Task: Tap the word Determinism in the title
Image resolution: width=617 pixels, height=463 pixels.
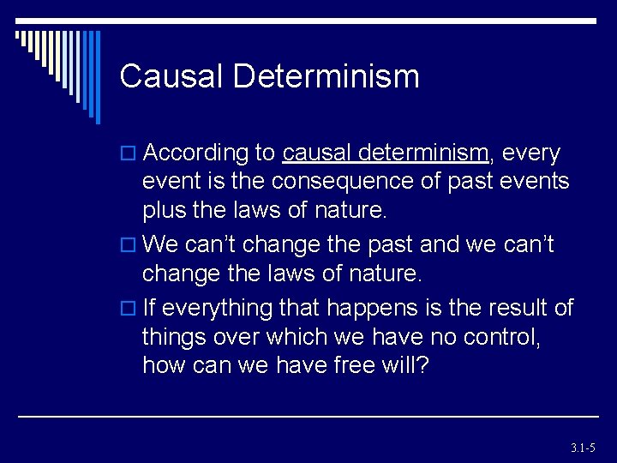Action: [326, 76]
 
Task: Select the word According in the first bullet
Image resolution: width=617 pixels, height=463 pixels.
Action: [196, 153]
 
